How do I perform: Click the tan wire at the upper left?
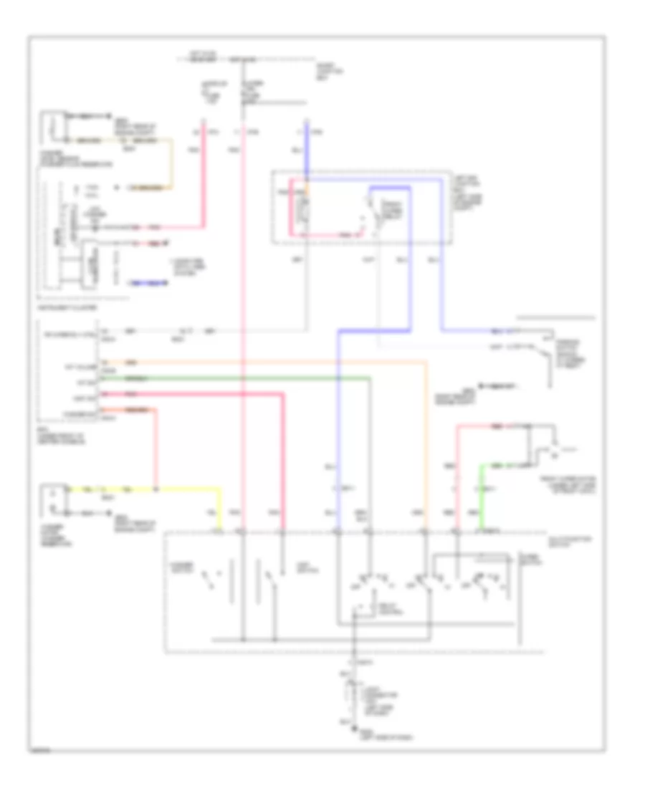[x=171, y=165]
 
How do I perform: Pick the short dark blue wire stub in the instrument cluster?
[x=148, y=283]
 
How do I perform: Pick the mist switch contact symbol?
[x=269, y=577]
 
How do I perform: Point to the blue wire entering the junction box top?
[x=307, y=143]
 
